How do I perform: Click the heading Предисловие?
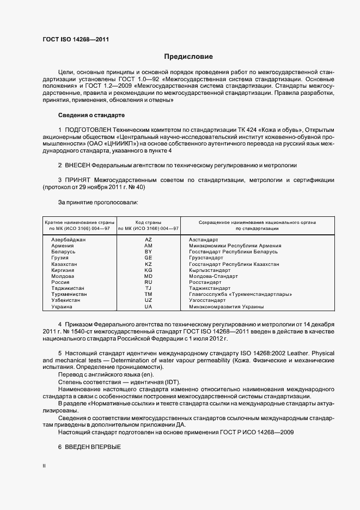[x=188, y=57]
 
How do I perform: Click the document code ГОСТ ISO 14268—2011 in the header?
[x=79, y=39]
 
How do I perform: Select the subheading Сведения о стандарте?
[x=91, y=116]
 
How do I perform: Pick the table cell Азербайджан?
[x=69, y=240]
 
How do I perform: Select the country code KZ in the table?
[x=148, y=264]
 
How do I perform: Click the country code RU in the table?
[x=148, y=282]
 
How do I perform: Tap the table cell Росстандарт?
[x=205, y=282]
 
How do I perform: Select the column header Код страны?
[x=148, y=222]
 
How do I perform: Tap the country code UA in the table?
[x=148, y=307]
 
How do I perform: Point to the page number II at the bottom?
[x=44, y=466]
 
